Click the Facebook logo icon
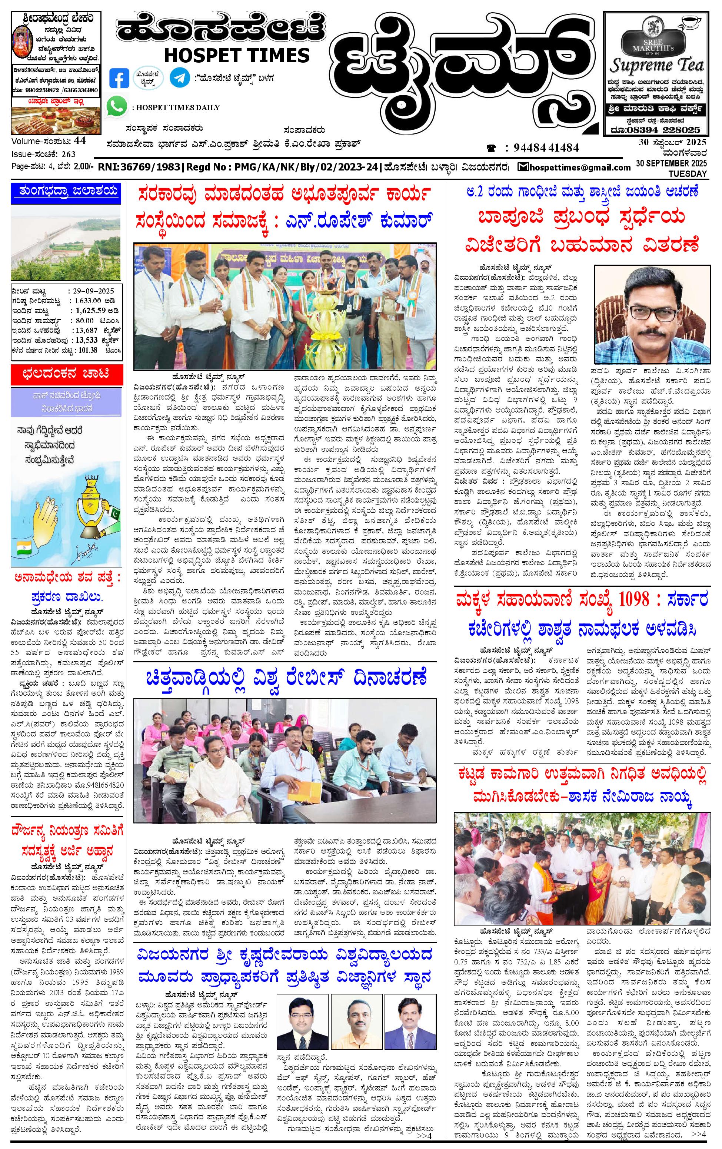(119, 78)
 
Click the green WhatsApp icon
(117, 106)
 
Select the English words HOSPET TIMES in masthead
(237, 55)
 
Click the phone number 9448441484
(546, 148)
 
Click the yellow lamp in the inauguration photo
(327, 314)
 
